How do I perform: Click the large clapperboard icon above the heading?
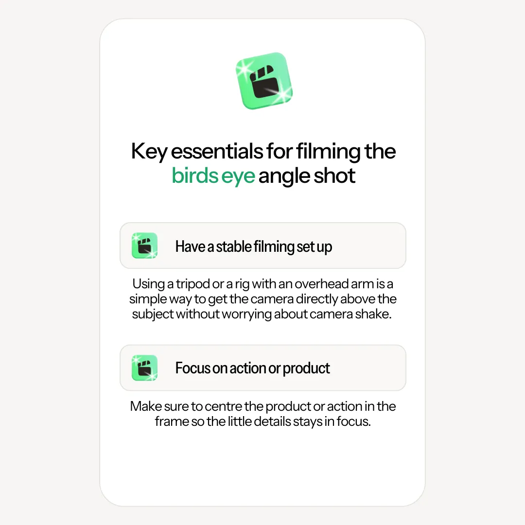click(264, 81)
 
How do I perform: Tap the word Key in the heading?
click(149, 152)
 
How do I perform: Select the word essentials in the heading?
click(217, 151)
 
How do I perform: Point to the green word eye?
click(238, 177)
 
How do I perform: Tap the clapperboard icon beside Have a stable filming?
click(145, 245)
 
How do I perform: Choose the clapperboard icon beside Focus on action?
click(145, 367)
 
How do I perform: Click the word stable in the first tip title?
click(234, 246)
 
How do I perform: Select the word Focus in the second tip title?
click(193, 368)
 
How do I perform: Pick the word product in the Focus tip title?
click(306, 369)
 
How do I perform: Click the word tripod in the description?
click(193, 284)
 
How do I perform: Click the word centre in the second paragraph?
click(223, 406)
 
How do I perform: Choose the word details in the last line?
click(273, 421)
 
